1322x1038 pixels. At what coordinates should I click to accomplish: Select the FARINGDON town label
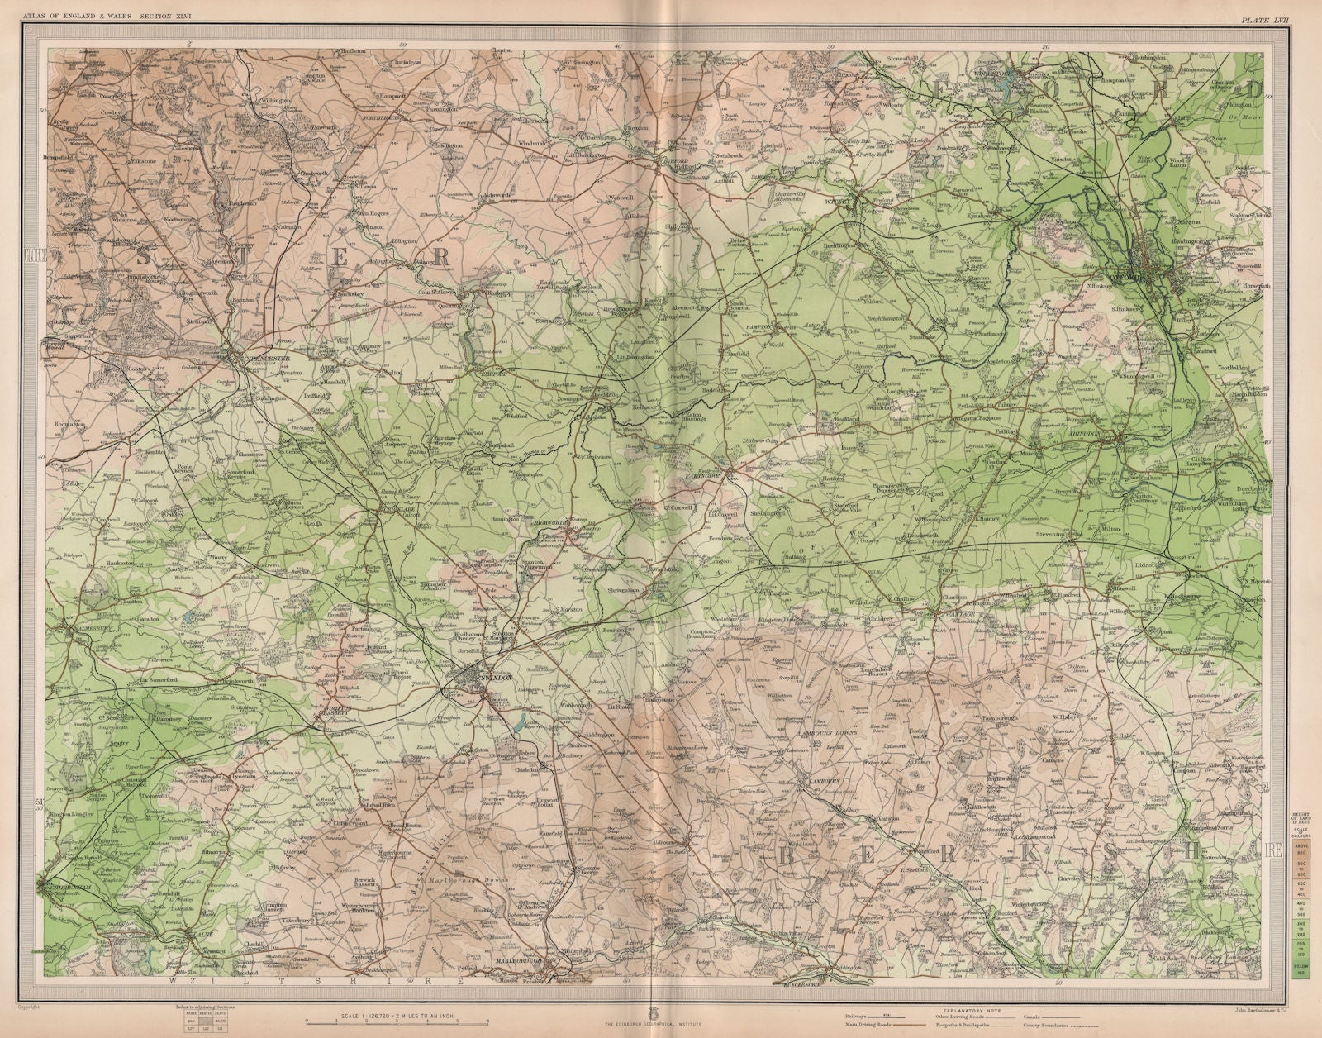pyautogui.click(x=705, y=476)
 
